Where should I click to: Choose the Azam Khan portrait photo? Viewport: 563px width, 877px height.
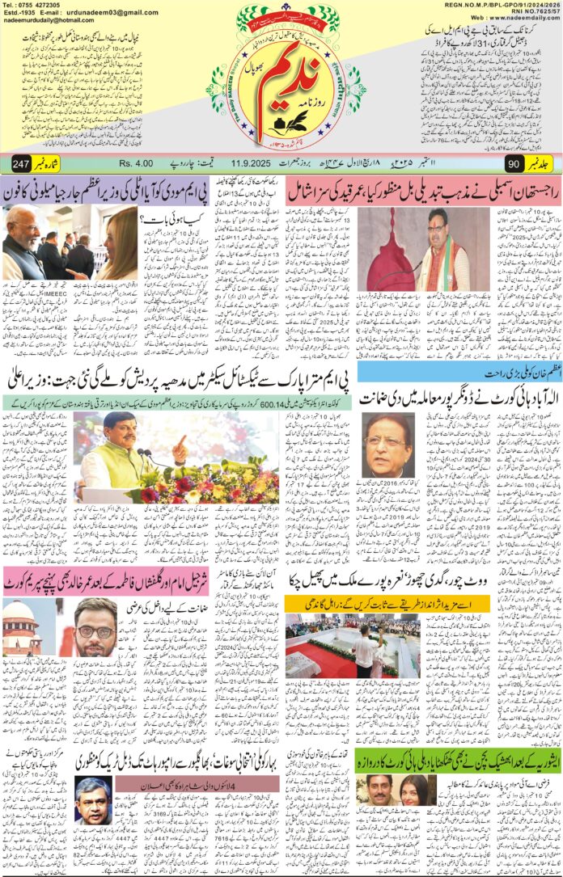[387, 446]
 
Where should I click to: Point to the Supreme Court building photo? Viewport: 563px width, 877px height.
[21, 628]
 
